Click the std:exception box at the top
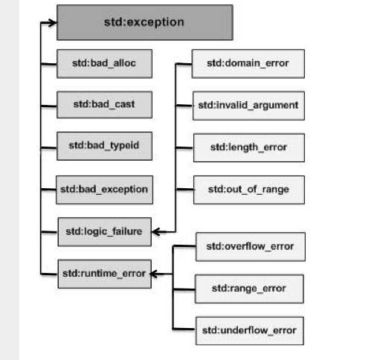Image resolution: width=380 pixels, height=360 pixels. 145,22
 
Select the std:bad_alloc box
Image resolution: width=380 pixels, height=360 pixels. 104,64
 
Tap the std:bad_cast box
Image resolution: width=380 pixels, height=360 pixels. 104,105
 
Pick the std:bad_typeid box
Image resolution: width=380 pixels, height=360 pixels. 104,146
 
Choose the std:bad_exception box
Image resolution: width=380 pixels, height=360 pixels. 104,190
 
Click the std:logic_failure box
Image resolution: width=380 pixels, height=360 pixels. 104,232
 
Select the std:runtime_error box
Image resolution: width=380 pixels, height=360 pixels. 104,274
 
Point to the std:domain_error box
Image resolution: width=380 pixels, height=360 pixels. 248,64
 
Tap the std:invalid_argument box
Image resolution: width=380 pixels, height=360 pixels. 248,106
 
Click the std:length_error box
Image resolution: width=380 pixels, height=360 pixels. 249,148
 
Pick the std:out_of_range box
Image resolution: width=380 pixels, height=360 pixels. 249,190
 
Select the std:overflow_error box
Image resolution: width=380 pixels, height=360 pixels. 251,247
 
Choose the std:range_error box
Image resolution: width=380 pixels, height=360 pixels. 249,289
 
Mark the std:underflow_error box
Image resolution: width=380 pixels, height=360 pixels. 250,331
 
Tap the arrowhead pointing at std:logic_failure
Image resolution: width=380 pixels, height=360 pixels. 156,232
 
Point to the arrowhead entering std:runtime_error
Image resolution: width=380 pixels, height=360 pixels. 155,274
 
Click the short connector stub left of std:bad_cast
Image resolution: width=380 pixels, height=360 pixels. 48,106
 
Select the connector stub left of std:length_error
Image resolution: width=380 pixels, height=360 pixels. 184,148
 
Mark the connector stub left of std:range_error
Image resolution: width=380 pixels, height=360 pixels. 184,289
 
